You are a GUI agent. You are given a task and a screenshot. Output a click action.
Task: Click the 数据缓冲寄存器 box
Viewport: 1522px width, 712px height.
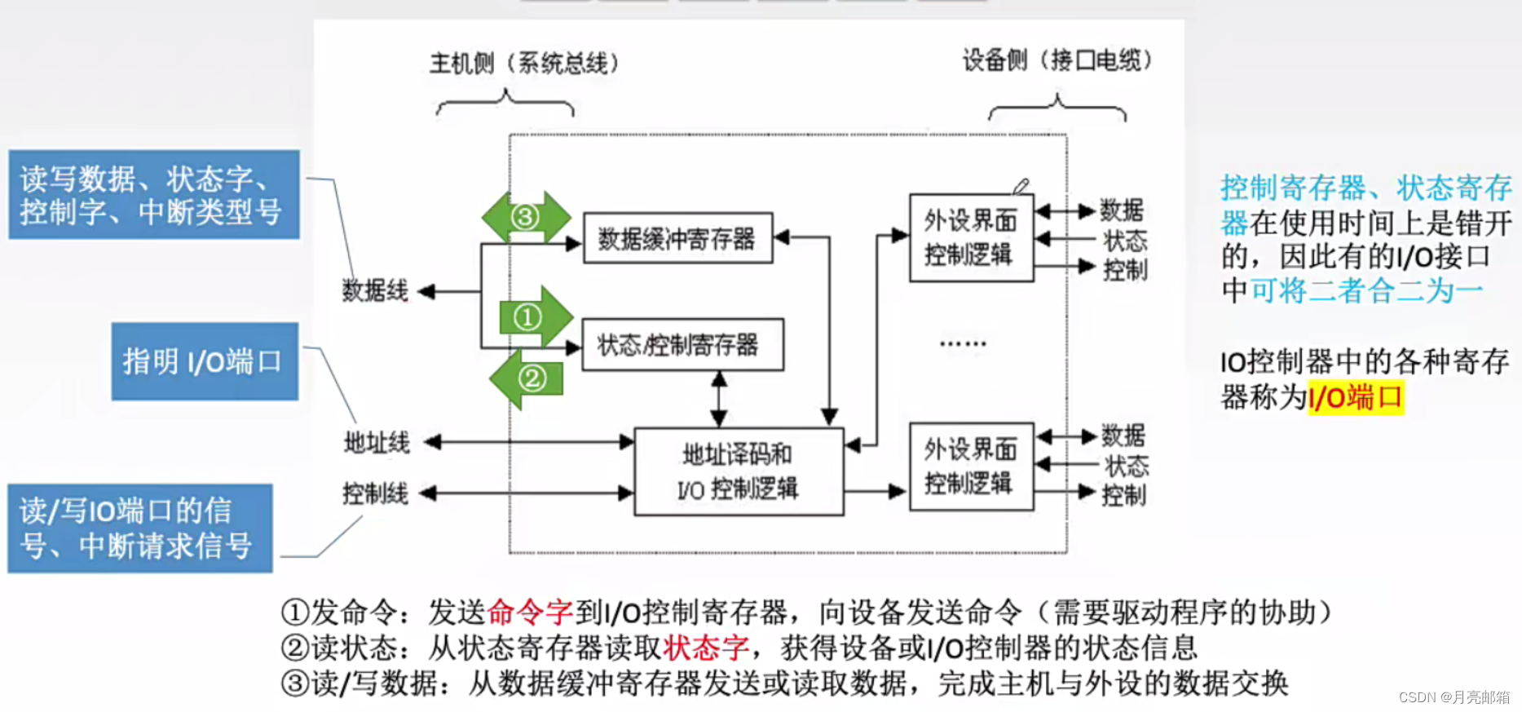pos(677,238)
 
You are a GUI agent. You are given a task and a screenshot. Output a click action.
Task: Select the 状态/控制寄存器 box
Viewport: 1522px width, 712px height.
pos(682,344)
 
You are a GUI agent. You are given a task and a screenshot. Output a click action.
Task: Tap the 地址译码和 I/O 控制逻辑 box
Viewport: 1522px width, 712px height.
pos(738,471)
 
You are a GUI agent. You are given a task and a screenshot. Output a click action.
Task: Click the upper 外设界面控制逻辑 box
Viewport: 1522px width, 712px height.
pos(971,237)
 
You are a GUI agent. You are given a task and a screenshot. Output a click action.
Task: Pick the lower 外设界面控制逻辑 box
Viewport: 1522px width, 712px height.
pos(971,467)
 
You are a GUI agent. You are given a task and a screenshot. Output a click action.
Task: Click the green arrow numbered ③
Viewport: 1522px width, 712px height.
pos(526,217)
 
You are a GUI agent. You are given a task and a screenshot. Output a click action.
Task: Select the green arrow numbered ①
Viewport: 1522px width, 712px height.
pos(534,316)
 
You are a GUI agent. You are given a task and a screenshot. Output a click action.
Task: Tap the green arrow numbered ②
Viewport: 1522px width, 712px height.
pos(527,378)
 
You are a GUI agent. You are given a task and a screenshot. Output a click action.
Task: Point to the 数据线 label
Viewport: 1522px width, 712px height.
pos(374,290)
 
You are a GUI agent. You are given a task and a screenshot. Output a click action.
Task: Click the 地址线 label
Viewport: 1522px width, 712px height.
pos(377,443)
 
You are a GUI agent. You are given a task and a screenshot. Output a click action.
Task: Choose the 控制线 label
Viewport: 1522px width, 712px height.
pos(375,493)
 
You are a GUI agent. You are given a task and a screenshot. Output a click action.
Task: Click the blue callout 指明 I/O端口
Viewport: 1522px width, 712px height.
pos(205,361)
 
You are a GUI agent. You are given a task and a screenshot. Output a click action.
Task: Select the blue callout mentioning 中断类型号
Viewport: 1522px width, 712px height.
pos(153,194)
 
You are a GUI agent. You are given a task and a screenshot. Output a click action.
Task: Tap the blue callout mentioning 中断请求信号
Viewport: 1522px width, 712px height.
pos(139,528)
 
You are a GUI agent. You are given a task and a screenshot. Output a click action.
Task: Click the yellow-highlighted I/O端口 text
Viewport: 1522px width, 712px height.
pos(1355,398)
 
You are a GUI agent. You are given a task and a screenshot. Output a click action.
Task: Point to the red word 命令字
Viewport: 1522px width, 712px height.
pos(530,612)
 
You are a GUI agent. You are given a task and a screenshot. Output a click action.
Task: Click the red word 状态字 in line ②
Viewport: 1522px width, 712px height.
pos(706,648)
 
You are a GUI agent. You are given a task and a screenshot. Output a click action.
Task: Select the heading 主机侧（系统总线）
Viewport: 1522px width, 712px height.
pos(524,63)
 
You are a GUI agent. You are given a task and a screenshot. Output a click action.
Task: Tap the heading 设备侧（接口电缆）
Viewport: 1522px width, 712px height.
pos(1057,60)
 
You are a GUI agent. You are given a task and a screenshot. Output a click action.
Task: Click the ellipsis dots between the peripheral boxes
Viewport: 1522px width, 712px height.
pos(963,344)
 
